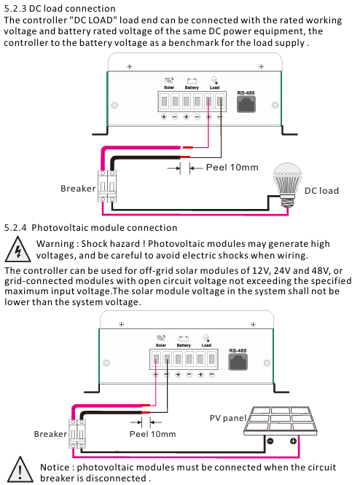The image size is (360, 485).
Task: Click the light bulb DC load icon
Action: pos(287,185)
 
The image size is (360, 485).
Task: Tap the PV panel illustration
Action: pos(281,421)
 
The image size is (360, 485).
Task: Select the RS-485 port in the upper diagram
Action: pos(246,104)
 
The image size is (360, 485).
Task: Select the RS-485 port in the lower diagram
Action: pos(238,362)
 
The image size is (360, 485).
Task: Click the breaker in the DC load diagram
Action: pos(107,186)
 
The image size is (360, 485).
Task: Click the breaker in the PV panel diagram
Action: pos(77,434)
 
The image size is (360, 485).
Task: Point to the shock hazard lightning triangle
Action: pos(17,249)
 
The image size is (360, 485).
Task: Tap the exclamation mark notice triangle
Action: pos(20,470)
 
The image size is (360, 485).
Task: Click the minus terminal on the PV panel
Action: pos(270,441)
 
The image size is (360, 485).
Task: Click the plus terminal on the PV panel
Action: pos(293,441)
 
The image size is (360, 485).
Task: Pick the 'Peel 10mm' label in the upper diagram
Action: pos(232,167)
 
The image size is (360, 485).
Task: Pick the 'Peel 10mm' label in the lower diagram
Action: pos(152,434)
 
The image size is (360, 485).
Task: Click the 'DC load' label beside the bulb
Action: pos(321,191)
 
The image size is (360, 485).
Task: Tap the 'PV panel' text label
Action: pos(228,418)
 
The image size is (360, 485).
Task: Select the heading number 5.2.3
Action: pos(15,8)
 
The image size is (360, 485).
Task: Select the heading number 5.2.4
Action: pos(15,228)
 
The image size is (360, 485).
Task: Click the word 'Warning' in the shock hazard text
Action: pos(53,244)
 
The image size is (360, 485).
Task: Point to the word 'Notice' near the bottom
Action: pos(55,467)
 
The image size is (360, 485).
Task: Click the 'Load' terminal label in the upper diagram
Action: pos(214,87)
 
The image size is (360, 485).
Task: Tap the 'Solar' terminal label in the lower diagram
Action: pos(161,345)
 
